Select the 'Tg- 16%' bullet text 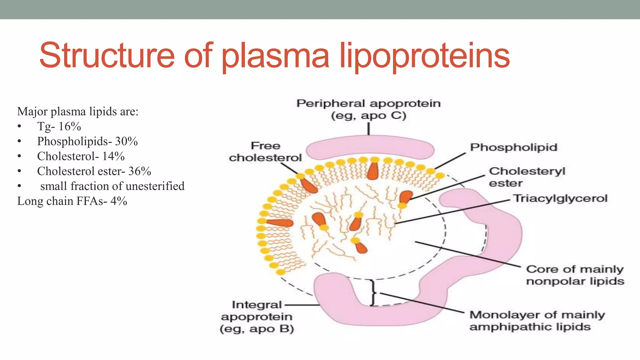pyautogui.click(x=59, y=127)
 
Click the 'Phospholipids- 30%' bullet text pyautogui.click(x=87, y=141)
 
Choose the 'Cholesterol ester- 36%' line pyautogui.click(x=94, y=171)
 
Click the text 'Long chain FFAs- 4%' pyautogui.click(x=72, y=201)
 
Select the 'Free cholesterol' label pyautogui.click(x=265, y=152)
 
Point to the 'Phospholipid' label pyautogui.click(x=513, y=147)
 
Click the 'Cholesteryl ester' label pyautogui.click(x=527, y=177)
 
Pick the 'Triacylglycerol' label pyautogui.click(x=560, y=199)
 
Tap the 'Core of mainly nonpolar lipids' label pyautogui.click(x=575, y=275)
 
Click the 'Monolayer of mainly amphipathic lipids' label pyautogui.click(x=537, y=321)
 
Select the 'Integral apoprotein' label pyautogui.click(x=257, y=317)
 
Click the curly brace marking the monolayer pyautogui.click(x=373, y=293)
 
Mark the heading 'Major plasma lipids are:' pyautogui.click(x=77, y=112)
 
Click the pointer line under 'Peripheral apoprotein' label pyautogui.click(x=369, y=128)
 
